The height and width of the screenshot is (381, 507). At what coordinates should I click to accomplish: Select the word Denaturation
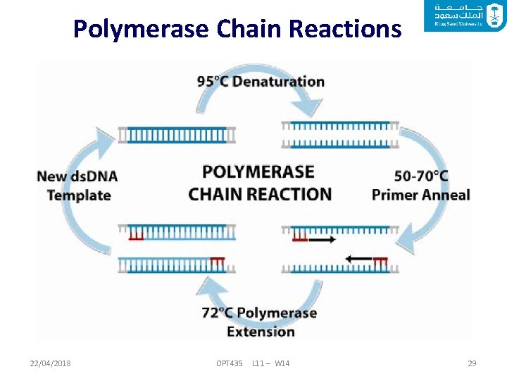(x=278, y=81)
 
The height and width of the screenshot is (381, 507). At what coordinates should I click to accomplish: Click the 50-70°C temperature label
(x=421, y=176)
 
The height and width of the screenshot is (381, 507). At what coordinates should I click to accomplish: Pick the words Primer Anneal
(x=420, y=195)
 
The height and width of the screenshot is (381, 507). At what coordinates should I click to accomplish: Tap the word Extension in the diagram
(x=261, y=331)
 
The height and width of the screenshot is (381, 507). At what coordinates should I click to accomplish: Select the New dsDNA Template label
(x=78, y=186)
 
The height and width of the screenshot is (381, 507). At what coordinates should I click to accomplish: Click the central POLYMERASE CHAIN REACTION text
(x=259, y=183)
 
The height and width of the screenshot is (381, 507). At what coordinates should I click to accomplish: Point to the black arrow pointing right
(x=322, y=240)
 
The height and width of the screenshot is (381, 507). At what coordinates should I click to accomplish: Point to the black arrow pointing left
(x=359, y=259)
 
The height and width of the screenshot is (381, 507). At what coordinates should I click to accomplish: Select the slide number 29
(x=472, y=363)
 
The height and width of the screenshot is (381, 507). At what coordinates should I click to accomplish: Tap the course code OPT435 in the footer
(x=230, y=363)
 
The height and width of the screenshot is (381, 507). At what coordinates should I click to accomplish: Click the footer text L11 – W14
(x=270, y=363)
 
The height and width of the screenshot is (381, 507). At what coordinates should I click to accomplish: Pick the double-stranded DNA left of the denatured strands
(x=177, y=135)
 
